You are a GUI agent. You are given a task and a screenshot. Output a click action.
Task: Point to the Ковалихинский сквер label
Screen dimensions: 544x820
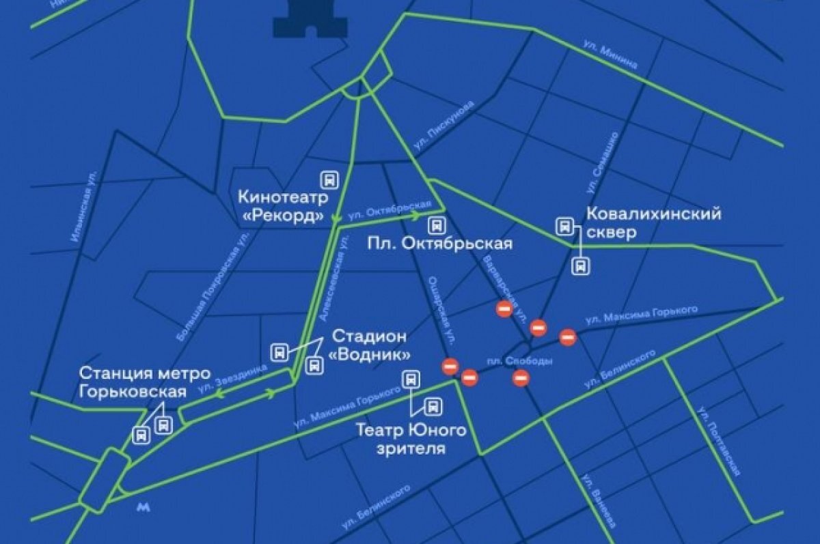(x=653, y=223)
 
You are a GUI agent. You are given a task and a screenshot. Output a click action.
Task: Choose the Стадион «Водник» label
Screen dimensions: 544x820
(x=370, y=345)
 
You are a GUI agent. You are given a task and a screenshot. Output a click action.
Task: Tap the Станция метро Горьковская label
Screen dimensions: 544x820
(x=133, y=382)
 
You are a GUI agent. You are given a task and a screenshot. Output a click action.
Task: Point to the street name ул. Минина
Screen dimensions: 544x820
(x=610, y=55)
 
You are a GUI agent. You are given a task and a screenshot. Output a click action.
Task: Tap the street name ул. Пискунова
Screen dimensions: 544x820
(x=443, y=130)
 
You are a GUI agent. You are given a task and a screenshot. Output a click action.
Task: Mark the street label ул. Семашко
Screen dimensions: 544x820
(x=601, y=162)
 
